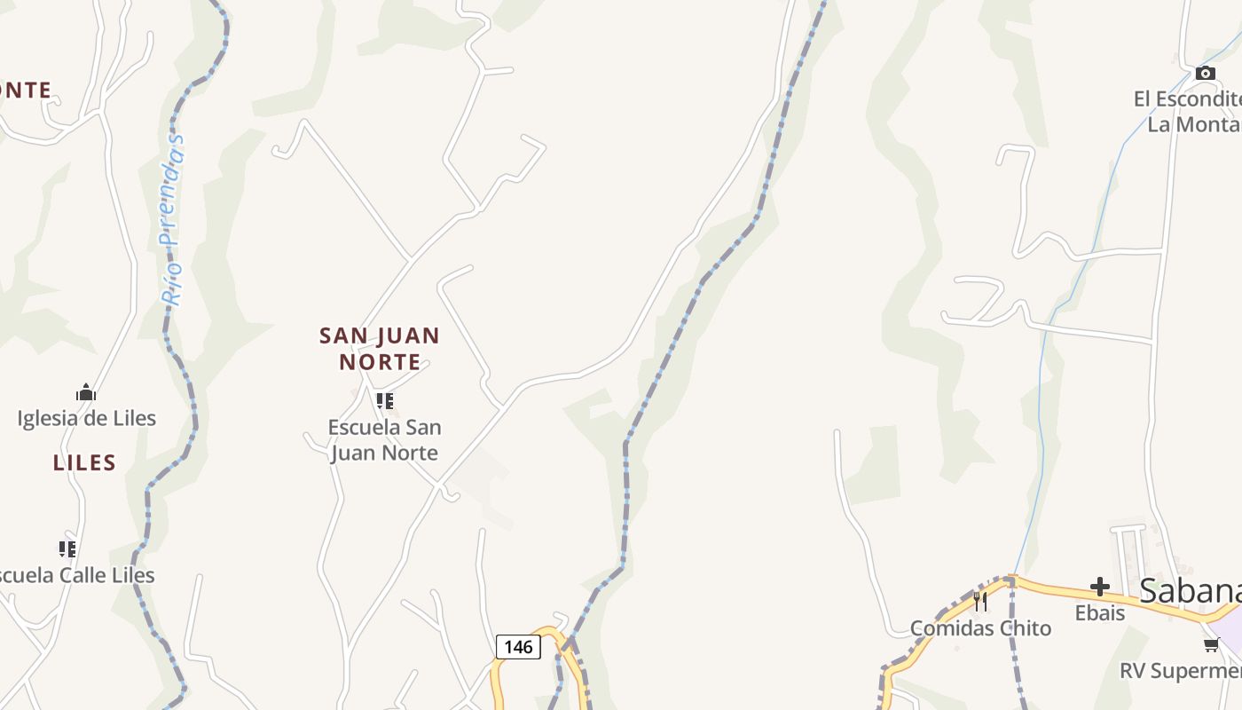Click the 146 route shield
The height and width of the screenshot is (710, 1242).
tap(518, 647)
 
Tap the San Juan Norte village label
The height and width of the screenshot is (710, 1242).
tap(380, 348)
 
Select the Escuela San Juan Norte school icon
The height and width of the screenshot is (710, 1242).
tap(384, 401)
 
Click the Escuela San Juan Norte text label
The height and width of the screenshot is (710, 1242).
tap(384, 439)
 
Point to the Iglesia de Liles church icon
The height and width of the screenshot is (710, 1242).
tap(86, 392)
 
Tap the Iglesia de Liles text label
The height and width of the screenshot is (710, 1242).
tap(87, 418)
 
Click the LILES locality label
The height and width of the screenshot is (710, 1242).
tap(84, 462)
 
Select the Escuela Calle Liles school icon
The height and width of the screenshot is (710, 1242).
tap(67, 549)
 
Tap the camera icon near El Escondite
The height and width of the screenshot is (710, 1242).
tap(1205, 73)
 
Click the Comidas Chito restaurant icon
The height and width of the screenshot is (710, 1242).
tap(980, 602)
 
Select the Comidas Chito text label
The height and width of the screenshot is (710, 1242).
tap(980, 628)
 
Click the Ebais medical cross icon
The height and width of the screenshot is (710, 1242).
tap(1100, 587)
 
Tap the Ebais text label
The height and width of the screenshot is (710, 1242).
tap(1100, 612)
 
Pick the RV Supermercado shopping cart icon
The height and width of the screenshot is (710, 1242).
tap(1211, 644)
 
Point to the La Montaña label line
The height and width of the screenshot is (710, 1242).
tap(1194, 124)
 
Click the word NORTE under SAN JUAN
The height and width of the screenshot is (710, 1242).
tap(380, 362)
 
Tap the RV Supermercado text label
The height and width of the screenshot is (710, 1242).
tap(1180, 670)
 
